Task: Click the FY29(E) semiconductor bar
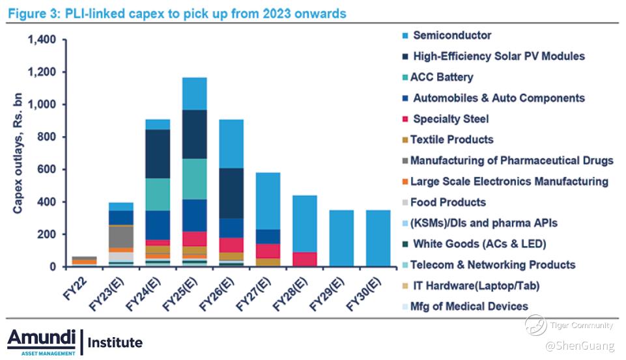click(x=341, y=238)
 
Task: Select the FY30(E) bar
click(x=378, y=238)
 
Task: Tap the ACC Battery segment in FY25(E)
click(x=195, y=179)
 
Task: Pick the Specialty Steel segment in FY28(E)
click(x=305, y=260)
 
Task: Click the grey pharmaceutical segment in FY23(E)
click(x=121, y=237)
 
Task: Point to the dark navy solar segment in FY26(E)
click(x=231, y=193)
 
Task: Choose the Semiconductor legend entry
click(x=447, y=36)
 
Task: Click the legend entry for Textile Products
click(x=448, y=140)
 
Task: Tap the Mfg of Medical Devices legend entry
click(x=465, y=307)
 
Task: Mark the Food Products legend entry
click(x=444, y=202)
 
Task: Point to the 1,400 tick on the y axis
click(x=42, y=40)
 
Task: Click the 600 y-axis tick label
click(x=47, y=169)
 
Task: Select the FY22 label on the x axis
click(x=75, y=289)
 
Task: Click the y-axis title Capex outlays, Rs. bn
click(x=18, y=153)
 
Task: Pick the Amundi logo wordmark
click(x=42, y=339)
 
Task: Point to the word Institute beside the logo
click(x=115, y=342)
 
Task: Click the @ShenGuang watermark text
click(x=580, y=346)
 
